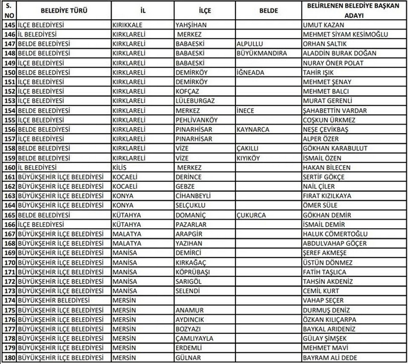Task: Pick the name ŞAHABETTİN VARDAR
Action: tap(337, 110)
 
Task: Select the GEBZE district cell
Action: tap(187, 187)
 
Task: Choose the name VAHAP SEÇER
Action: tap(324, 300)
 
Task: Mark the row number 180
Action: tap(8, 358)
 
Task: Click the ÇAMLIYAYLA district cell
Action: tap(195, 339)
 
